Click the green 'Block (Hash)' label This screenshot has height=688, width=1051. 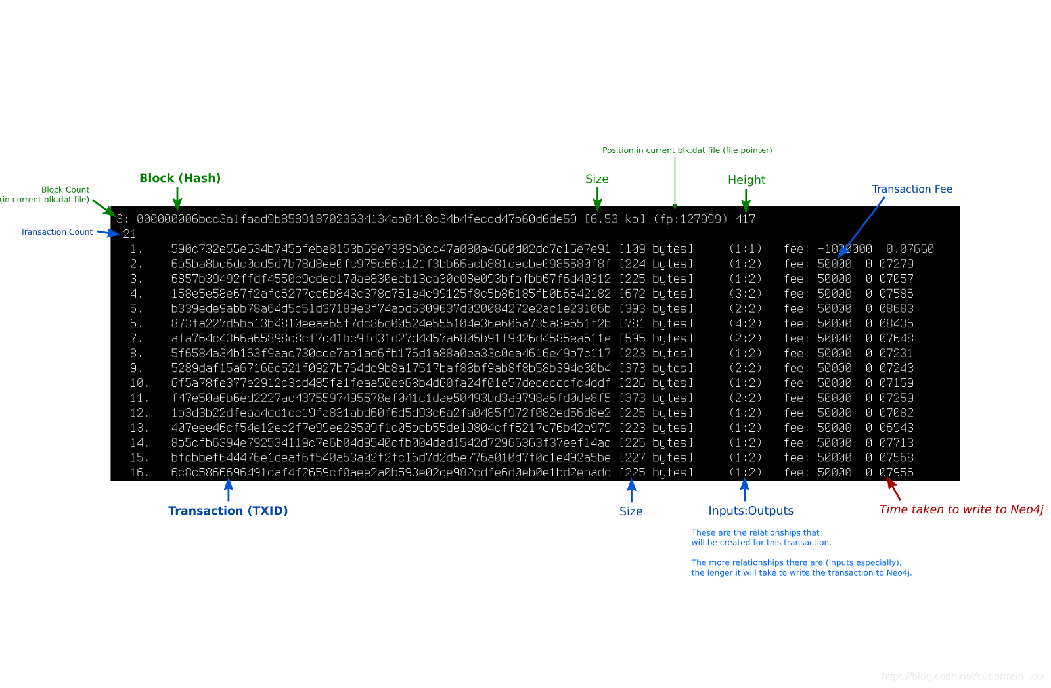(180, 178)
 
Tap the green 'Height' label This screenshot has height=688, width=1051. (746, 180)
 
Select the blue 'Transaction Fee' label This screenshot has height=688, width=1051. (912, 189)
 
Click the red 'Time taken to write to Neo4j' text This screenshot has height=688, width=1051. (961, 509)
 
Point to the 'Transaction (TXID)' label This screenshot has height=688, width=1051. (228, 511)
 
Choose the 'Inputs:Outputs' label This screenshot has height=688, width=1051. (751, 511)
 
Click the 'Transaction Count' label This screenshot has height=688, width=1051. (56, 232)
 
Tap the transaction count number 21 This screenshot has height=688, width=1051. (129, 234)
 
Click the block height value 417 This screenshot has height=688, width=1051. (745, 219)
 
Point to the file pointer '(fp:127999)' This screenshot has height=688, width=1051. (690, 219)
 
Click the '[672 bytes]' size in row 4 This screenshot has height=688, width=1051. (656, 294)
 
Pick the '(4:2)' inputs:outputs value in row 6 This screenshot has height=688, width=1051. (746, 323)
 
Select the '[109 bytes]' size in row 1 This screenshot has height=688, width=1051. (656, 249)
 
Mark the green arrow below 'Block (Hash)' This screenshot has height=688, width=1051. (177, 198)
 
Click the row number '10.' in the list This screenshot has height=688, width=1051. (139, 383)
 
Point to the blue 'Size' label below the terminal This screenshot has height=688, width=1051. (631, 511)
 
